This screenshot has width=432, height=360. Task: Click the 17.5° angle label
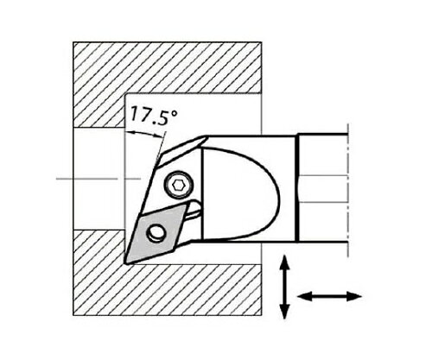pyautogui.click(x=154, y=115)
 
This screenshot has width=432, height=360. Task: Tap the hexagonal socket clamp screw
pyautogui.click(x=176, y=186)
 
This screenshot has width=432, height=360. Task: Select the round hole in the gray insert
pyautogui.click(x=156, y=233)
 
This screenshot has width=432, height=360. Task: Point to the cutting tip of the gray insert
pyautogui.click(x=127, y=262)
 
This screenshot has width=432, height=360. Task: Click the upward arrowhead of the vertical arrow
pyautogui.click(x=284, y=262)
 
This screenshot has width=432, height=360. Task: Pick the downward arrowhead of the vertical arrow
pyautogui.click(x=284, y=311)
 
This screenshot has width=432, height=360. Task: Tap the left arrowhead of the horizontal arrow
pyautogui.click(x=305, y=296)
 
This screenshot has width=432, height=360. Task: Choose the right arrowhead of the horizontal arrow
pyautogui.click(x=353, y=296)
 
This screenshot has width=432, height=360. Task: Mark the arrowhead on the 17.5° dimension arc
pyautogui.click(x=130, y=133)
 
